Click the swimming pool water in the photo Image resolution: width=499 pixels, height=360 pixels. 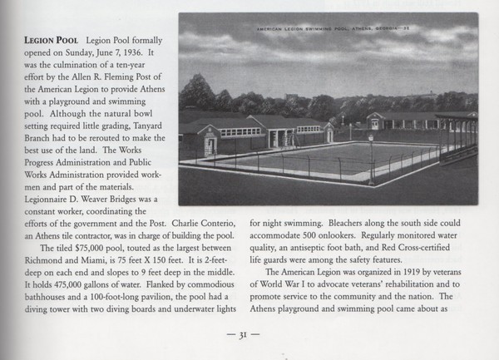click(320, 155)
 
